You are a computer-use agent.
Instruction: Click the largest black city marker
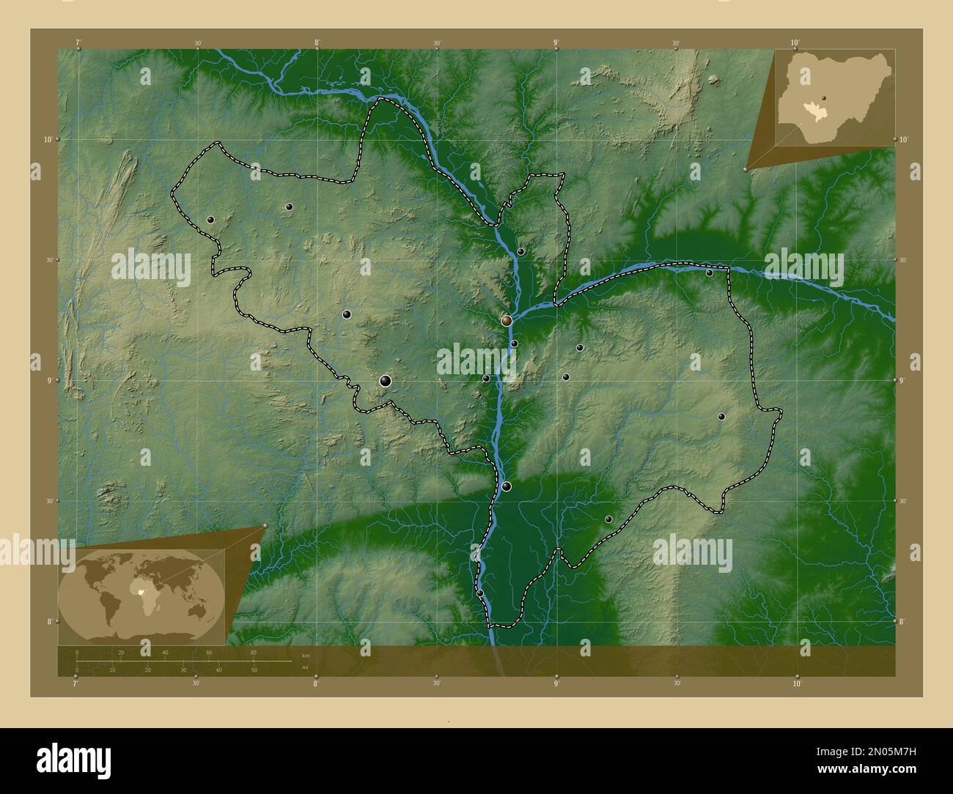coord(386,380)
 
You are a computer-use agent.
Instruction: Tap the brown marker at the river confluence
coord(507,320)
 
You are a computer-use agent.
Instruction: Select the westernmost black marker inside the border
coord(210,219)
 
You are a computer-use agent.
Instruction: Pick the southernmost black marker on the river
coord(480,593)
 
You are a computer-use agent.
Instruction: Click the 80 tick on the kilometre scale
coord(254,653)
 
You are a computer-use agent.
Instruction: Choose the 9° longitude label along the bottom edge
coord(556,683)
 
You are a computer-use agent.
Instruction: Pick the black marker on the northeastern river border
coord(710,272)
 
